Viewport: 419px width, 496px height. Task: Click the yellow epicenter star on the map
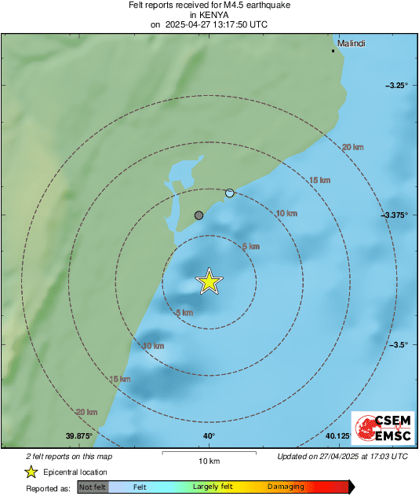(209, 281)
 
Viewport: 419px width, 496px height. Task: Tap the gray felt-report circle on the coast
(199, 215)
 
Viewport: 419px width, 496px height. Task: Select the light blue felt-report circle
(230, 193)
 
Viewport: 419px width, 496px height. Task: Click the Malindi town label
(351, 43)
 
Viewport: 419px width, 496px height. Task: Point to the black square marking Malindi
(333, 51)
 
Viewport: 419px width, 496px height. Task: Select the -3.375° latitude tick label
(394, 215)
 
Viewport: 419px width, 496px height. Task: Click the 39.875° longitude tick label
(79, 436)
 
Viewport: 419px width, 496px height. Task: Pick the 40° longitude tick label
(209, 436)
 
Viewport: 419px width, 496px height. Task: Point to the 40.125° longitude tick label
(338, 436)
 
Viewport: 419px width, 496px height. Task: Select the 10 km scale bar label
(209, 460)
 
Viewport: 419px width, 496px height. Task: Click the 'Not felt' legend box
(93, 487)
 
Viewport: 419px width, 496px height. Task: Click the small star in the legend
(31, 472)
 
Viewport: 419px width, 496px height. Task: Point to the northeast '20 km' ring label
(353, 147)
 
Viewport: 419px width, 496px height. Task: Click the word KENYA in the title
(208, 14)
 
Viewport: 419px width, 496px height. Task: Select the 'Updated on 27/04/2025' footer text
(342, 456)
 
